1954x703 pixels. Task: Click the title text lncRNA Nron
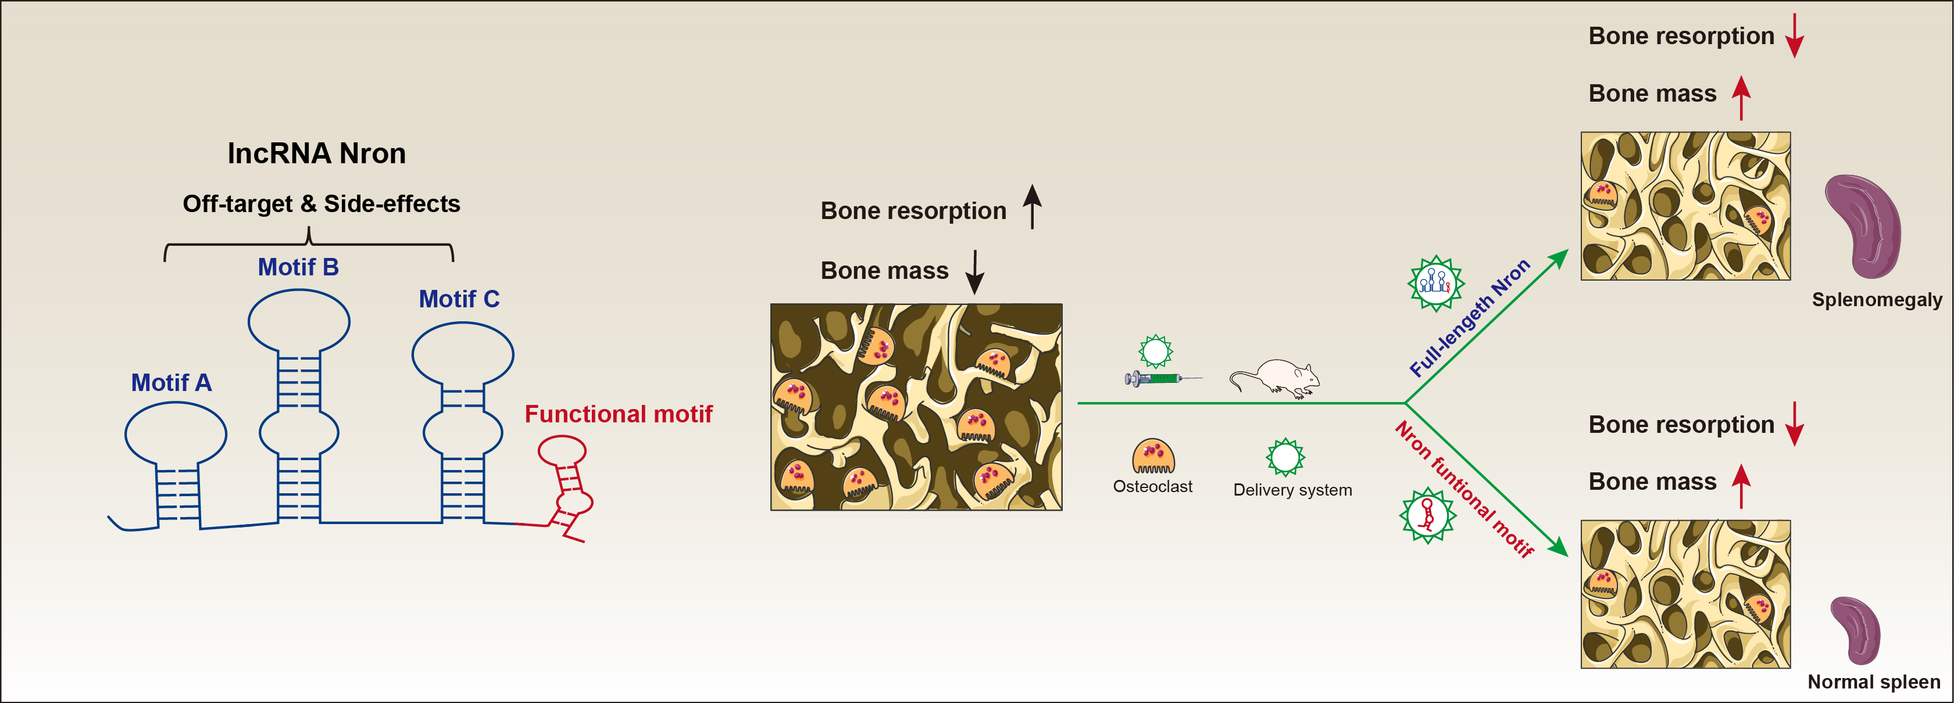[316, 153]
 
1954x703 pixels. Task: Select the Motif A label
[172, 382]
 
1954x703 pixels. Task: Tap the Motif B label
[298, 267]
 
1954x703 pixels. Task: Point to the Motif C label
[459, 299]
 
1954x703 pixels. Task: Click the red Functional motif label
[618, 414]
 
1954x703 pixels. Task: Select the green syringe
[1163, 378]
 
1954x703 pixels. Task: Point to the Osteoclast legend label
[1152, 487]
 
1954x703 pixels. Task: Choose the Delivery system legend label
[1292, 490]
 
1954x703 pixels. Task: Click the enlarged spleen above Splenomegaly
[1862, 226]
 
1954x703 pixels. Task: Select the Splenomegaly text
[1877, 300]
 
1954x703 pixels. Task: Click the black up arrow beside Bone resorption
[1033, 206]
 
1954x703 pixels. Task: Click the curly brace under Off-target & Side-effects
[309, 244]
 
